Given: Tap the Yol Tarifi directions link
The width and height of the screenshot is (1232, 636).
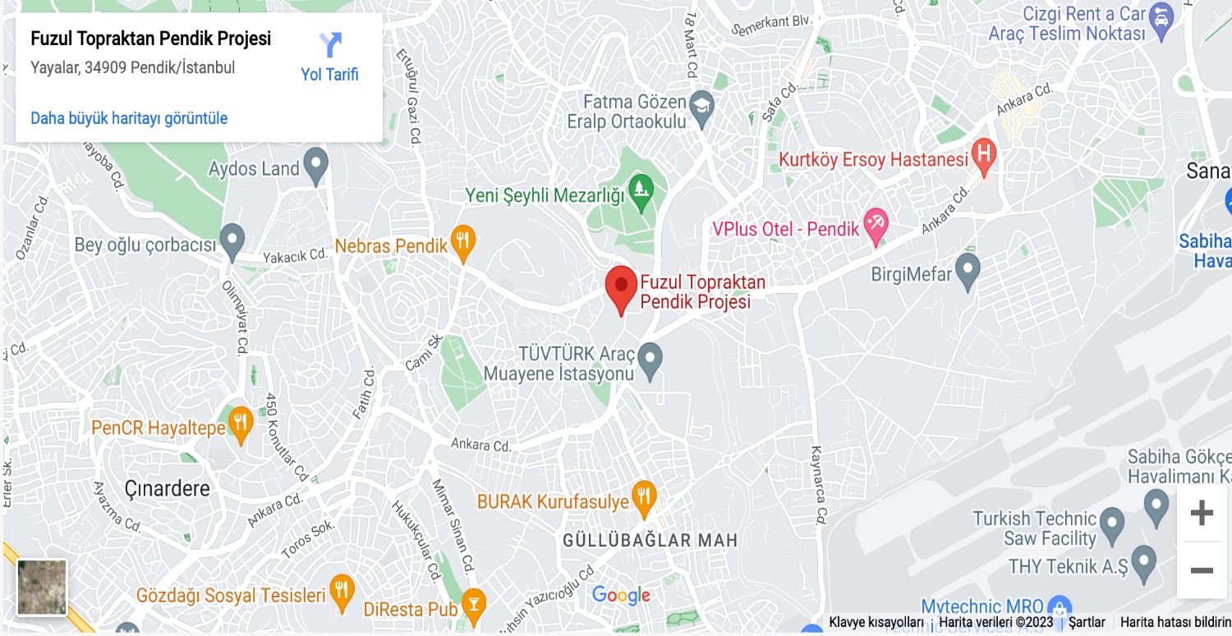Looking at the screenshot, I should click(x=330, y=58).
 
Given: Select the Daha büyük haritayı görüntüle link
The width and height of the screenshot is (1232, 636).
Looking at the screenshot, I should click(x=129, y=118).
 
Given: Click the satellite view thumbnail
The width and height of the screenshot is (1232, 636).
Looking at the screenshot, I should click(x=42, y=587).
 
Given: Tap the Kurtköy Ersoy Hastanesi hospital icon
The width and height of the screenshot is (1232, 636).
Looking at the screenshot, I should click(x=983, y=155).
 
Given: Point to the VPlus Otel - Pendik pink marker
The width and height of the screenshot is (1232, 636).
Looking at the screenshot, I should click(x=876, y=225).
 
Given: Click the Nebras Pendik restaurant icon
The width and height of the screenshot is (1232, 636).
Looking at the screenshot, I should click(x=464, y=241).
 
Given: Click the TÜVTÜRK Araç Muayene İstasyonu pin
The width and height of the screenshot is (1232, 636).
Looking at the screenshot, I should click(x=650, y=359).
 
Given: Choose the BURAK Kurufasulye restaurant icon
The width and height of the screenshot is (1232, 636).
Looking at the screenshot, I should click(x=644, y=496).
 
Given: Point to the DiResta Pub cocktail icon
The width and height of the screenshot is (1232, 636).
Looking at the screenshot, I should click(x=473, y=605).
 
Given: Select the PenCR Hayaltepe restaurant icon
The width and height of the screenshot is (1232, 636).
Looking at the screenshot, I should click(x=240, y=423).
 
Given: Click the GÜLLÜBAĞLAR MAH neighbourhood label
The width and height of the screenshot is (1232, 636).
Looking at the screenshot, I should click(x=650, y=541).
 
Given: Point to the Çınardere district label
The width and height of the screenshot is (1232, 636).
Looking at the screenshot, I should click(x=168, y=489).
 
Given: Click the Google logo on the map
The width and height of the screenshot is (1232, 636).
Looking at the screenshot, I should click(x=621, y=596).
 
